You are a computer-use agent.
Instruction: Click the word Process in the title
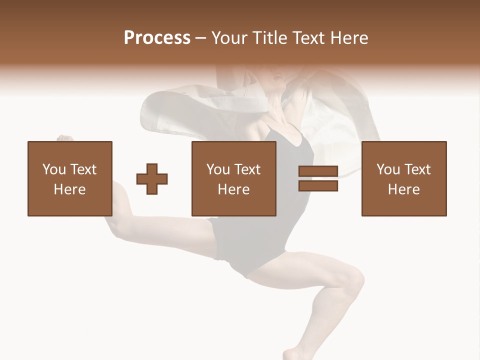point(157,38)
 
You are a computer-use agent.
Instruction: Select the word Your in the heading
point(229,38)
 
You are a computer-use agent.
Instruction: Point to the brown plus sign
point(152,179)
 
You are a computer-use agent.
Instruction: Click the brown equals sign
point(318,179)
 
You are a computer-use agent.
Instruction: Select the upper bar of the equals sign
point(318,172)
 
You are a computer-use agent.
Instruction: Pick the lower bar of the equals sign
point(318,186)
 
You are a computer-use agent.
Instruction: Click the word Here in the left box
point(69,189)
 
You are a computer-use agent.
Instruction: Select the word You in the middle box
point(218,169)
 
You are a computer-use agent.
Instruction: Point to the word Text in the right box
point(417,169)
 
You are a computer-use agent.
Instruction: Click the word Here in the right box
point(403,189)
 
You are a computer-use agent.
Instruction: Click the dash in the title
point(201,38)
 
